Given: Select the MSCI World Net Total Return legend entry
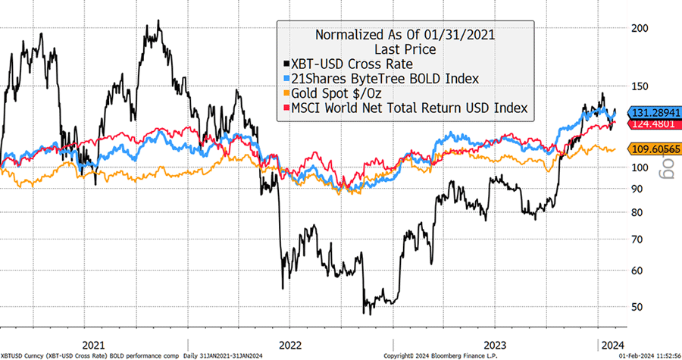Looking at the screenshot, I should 405,109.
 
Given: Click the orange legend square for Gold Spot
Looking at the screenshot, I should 286,94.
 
